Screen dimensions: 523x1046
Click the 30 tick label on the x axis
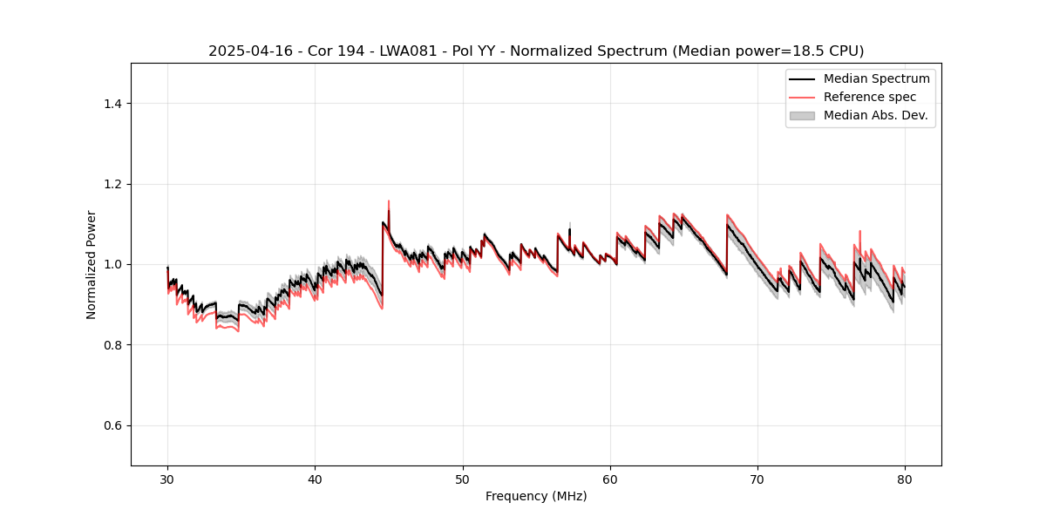coord(167,479)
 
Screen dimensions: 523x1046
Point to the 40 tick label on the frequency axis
coord(315,479)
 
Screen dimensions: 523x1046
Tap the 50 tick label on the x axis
coord(463,479)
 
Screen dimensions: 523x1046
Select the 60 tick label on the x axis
coord(610,479)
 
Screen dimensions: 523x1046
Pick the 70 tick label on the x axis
coord(757,479)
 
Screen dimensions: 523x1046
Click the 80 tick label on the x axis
coord(905,479)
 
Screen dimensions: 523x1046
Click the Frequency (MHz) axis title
coord(536,497)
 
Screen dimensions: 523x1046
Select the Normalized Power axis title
coord(92,264)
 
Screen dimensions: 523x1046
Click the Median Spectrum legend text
coord(876,78)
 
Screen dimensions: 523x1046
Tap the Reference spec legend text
coord(869,97)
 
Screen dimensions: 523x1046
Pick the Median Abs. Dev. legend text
coord(875,115)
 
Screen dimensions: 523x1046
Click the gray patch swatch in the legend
coord(802,115)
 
